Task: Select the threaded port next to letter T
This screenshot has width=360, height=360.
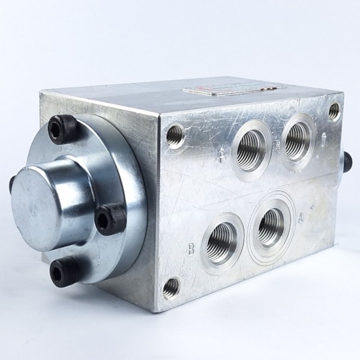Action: [x=298, y=141]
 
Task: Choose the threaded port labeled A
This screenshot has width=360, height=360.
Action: [x=271, y=226]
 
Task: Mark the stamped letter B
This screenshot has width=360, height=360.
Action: [x=191, y=249]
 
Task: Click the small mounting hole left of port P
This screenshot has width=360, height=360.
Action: [x=175, y=136]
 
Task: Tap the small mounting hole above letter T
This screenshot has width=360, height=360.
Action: [x=334, y=112]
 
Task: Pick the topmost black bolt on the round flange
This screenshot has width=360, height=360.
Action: [x=63, y=128]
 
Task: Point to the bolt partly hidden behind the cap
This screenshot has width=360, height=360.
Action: [x=12, y=184]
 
